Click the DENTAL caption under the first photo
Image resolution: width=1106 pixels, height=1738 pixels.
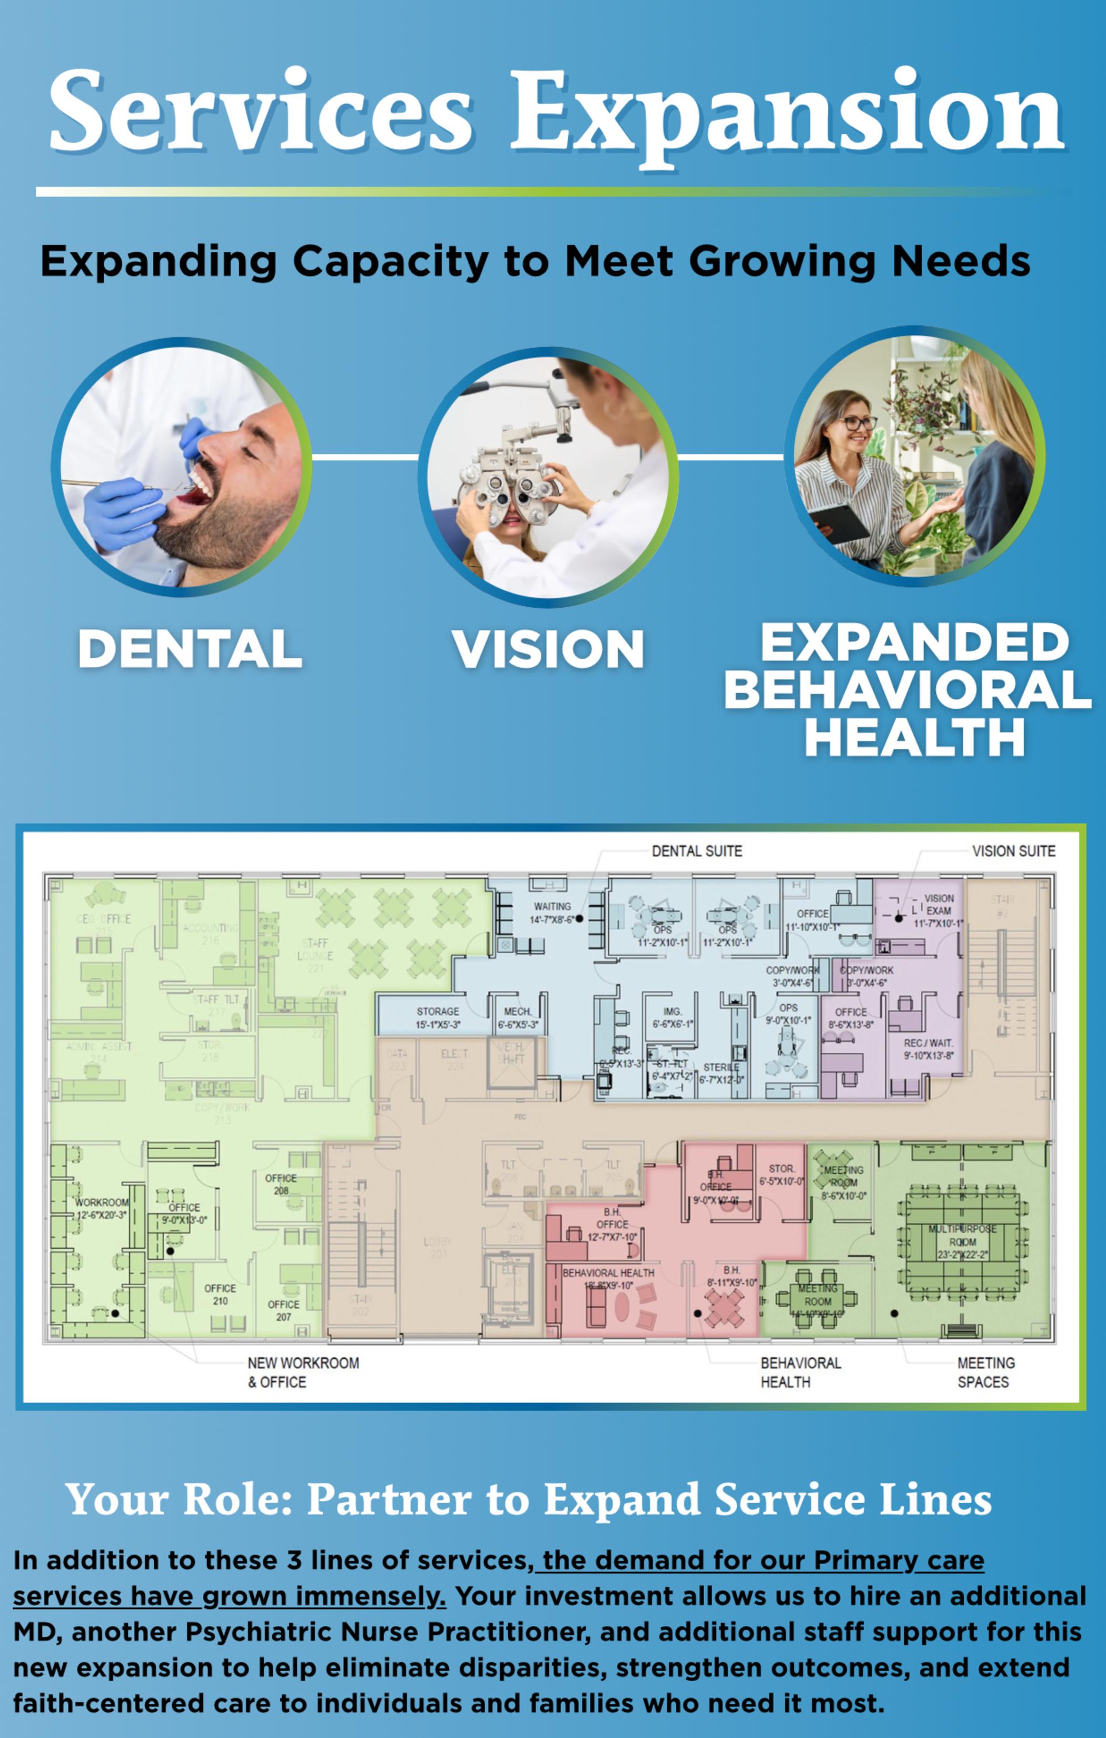click(x=189, y=648)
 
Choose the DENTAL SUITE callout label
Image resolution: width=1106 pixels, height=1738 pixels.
click(x=697, y=851)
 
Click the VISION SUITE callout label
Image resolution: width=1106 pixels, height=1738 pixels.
click(x=1013, y=851)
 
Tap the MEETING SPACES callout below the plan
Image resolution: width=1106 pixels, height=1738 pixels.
click(x=985, y=1372)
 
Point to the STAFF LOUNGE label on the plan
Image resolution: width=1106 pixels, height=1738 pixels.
click(x=315, y=949)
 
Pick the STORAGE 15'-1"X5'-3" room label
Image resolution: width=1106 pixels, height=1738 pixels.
click(x=438, y=1018)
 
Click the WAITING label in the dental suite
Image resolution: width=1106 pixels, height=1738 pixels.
click(x=552, y=906)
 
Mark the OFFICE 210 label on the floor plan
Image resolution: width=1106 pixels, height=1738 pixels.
click(x=220, y=1294)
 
